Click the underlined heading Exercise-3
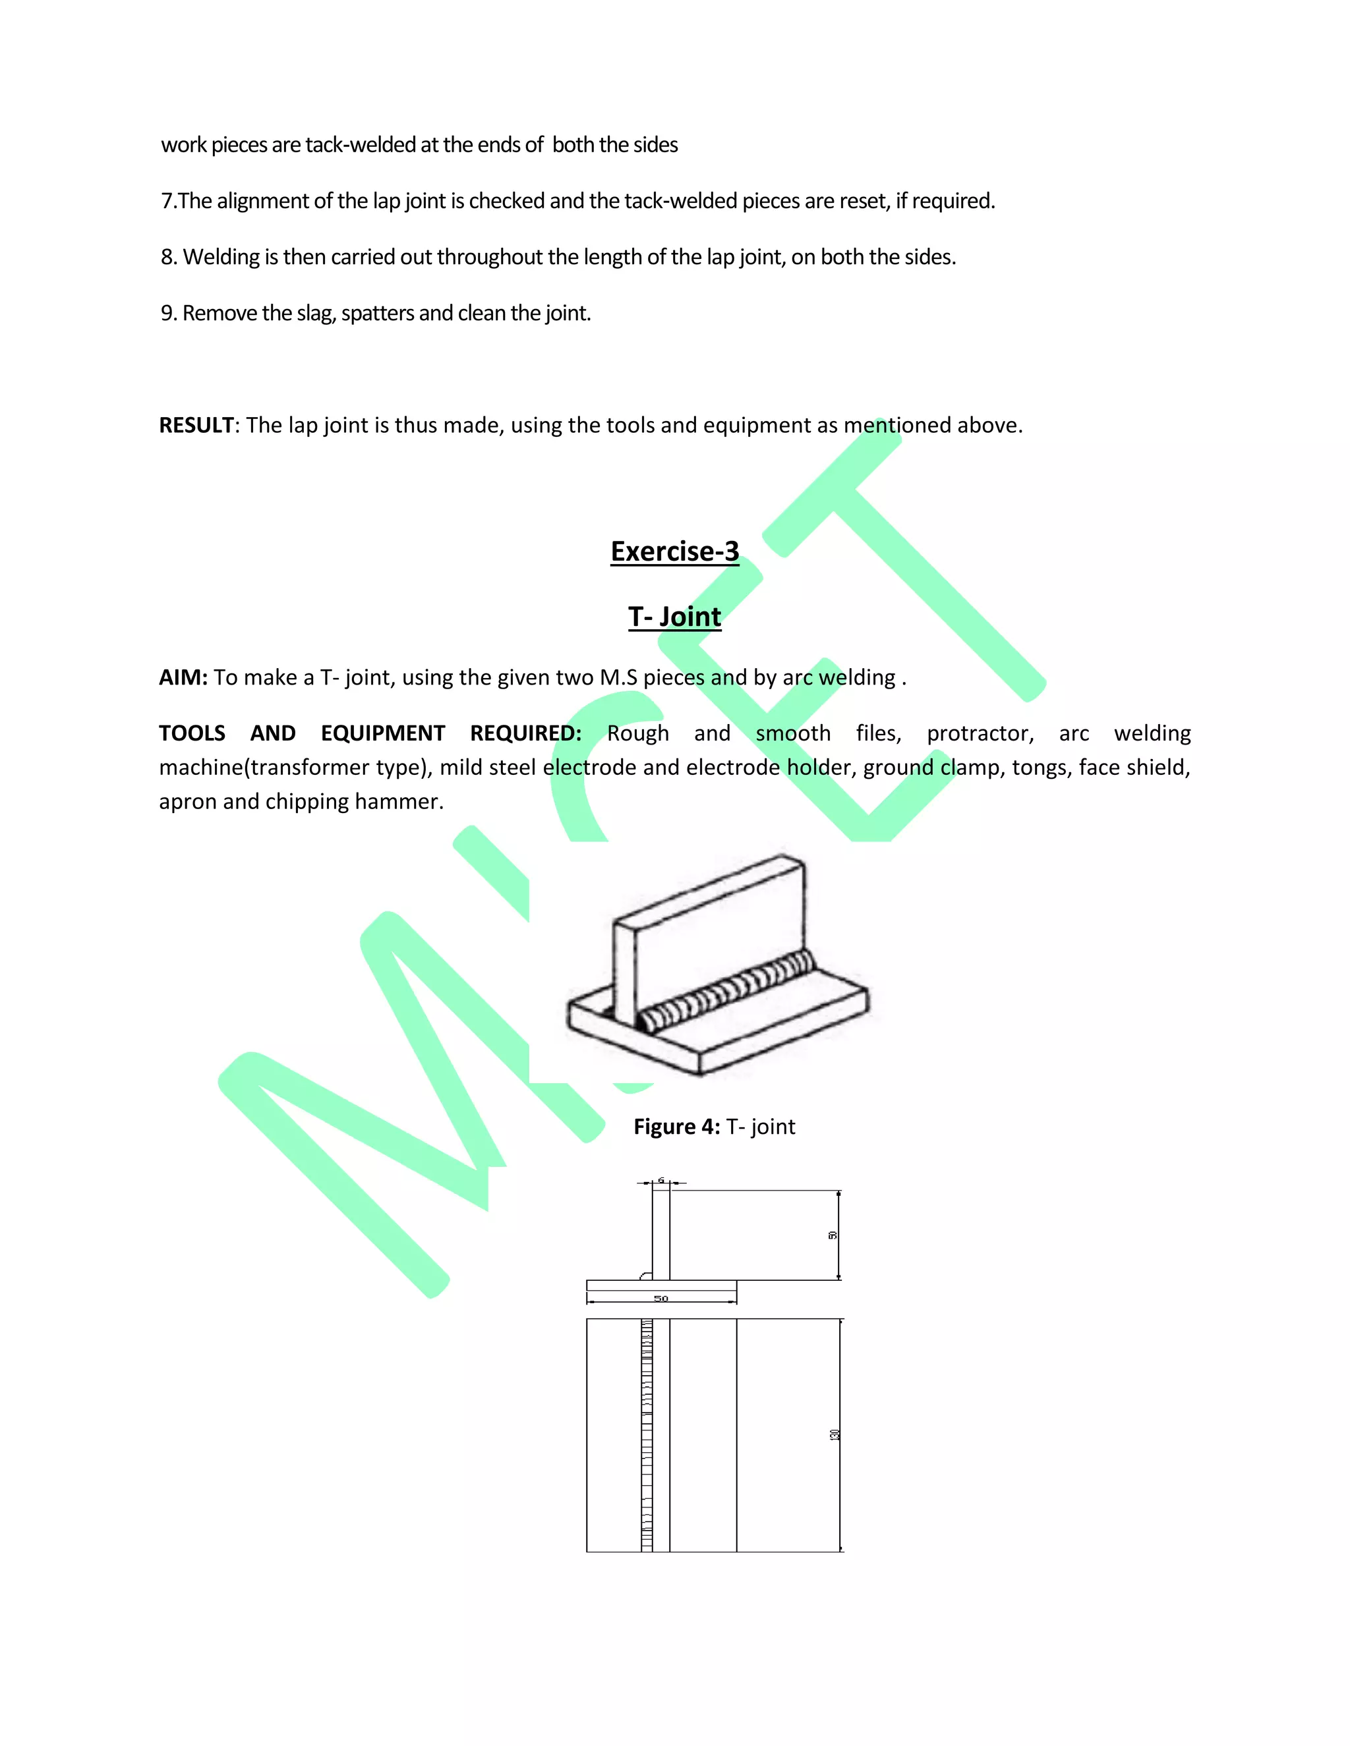674,551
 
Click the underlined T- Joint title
674,617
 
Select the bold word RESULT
196,426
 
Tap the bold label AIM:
183,678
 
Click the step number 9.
167,314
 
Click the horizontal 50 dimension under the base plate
660,1299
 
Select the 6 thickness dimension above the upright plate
660,1181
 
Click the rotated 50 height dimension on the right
833,1235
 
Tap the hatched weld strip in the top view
646,1434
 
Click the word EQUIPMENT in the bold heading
382,734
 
